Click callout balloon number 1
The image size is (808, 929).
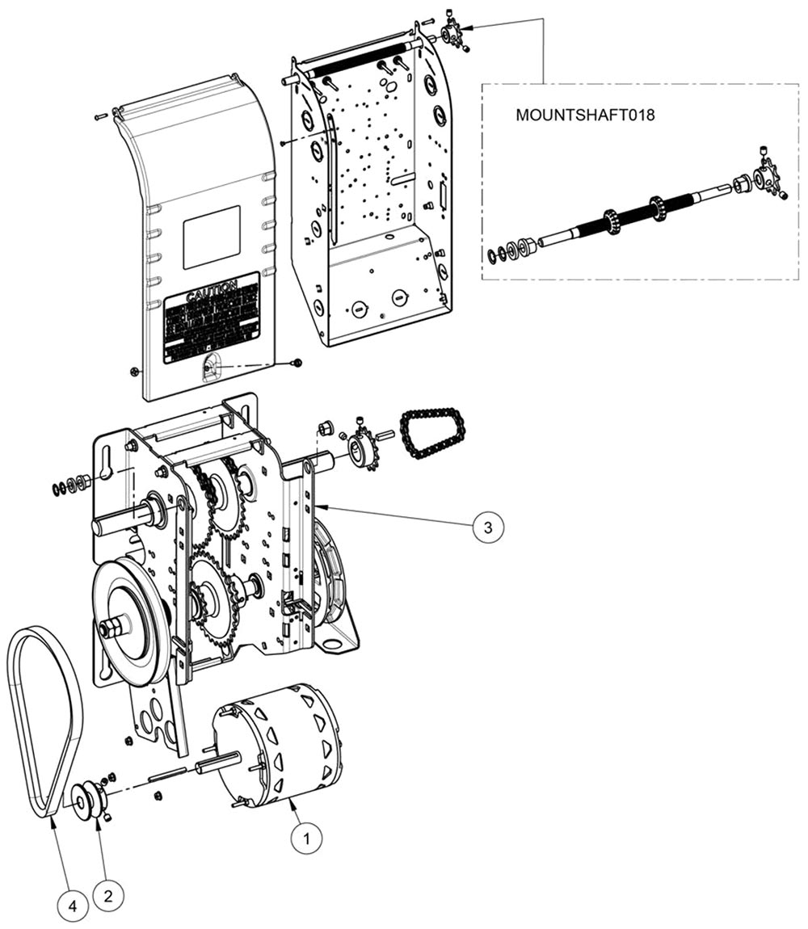[306, 839]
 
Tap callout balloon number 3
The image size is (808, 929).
[487, 527]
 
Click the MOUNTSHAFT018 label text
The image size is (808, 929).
[585, 116]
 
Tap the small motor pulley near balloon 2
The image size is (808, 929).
[87, 801]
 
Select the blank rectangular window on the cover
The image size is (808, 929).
[212, 237]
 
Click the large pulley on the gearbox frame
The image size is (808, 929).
[129, 614]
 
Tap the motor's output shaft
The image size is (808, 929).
[218, 762]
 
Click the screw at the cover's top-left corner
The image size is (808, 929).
[100, 117]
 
